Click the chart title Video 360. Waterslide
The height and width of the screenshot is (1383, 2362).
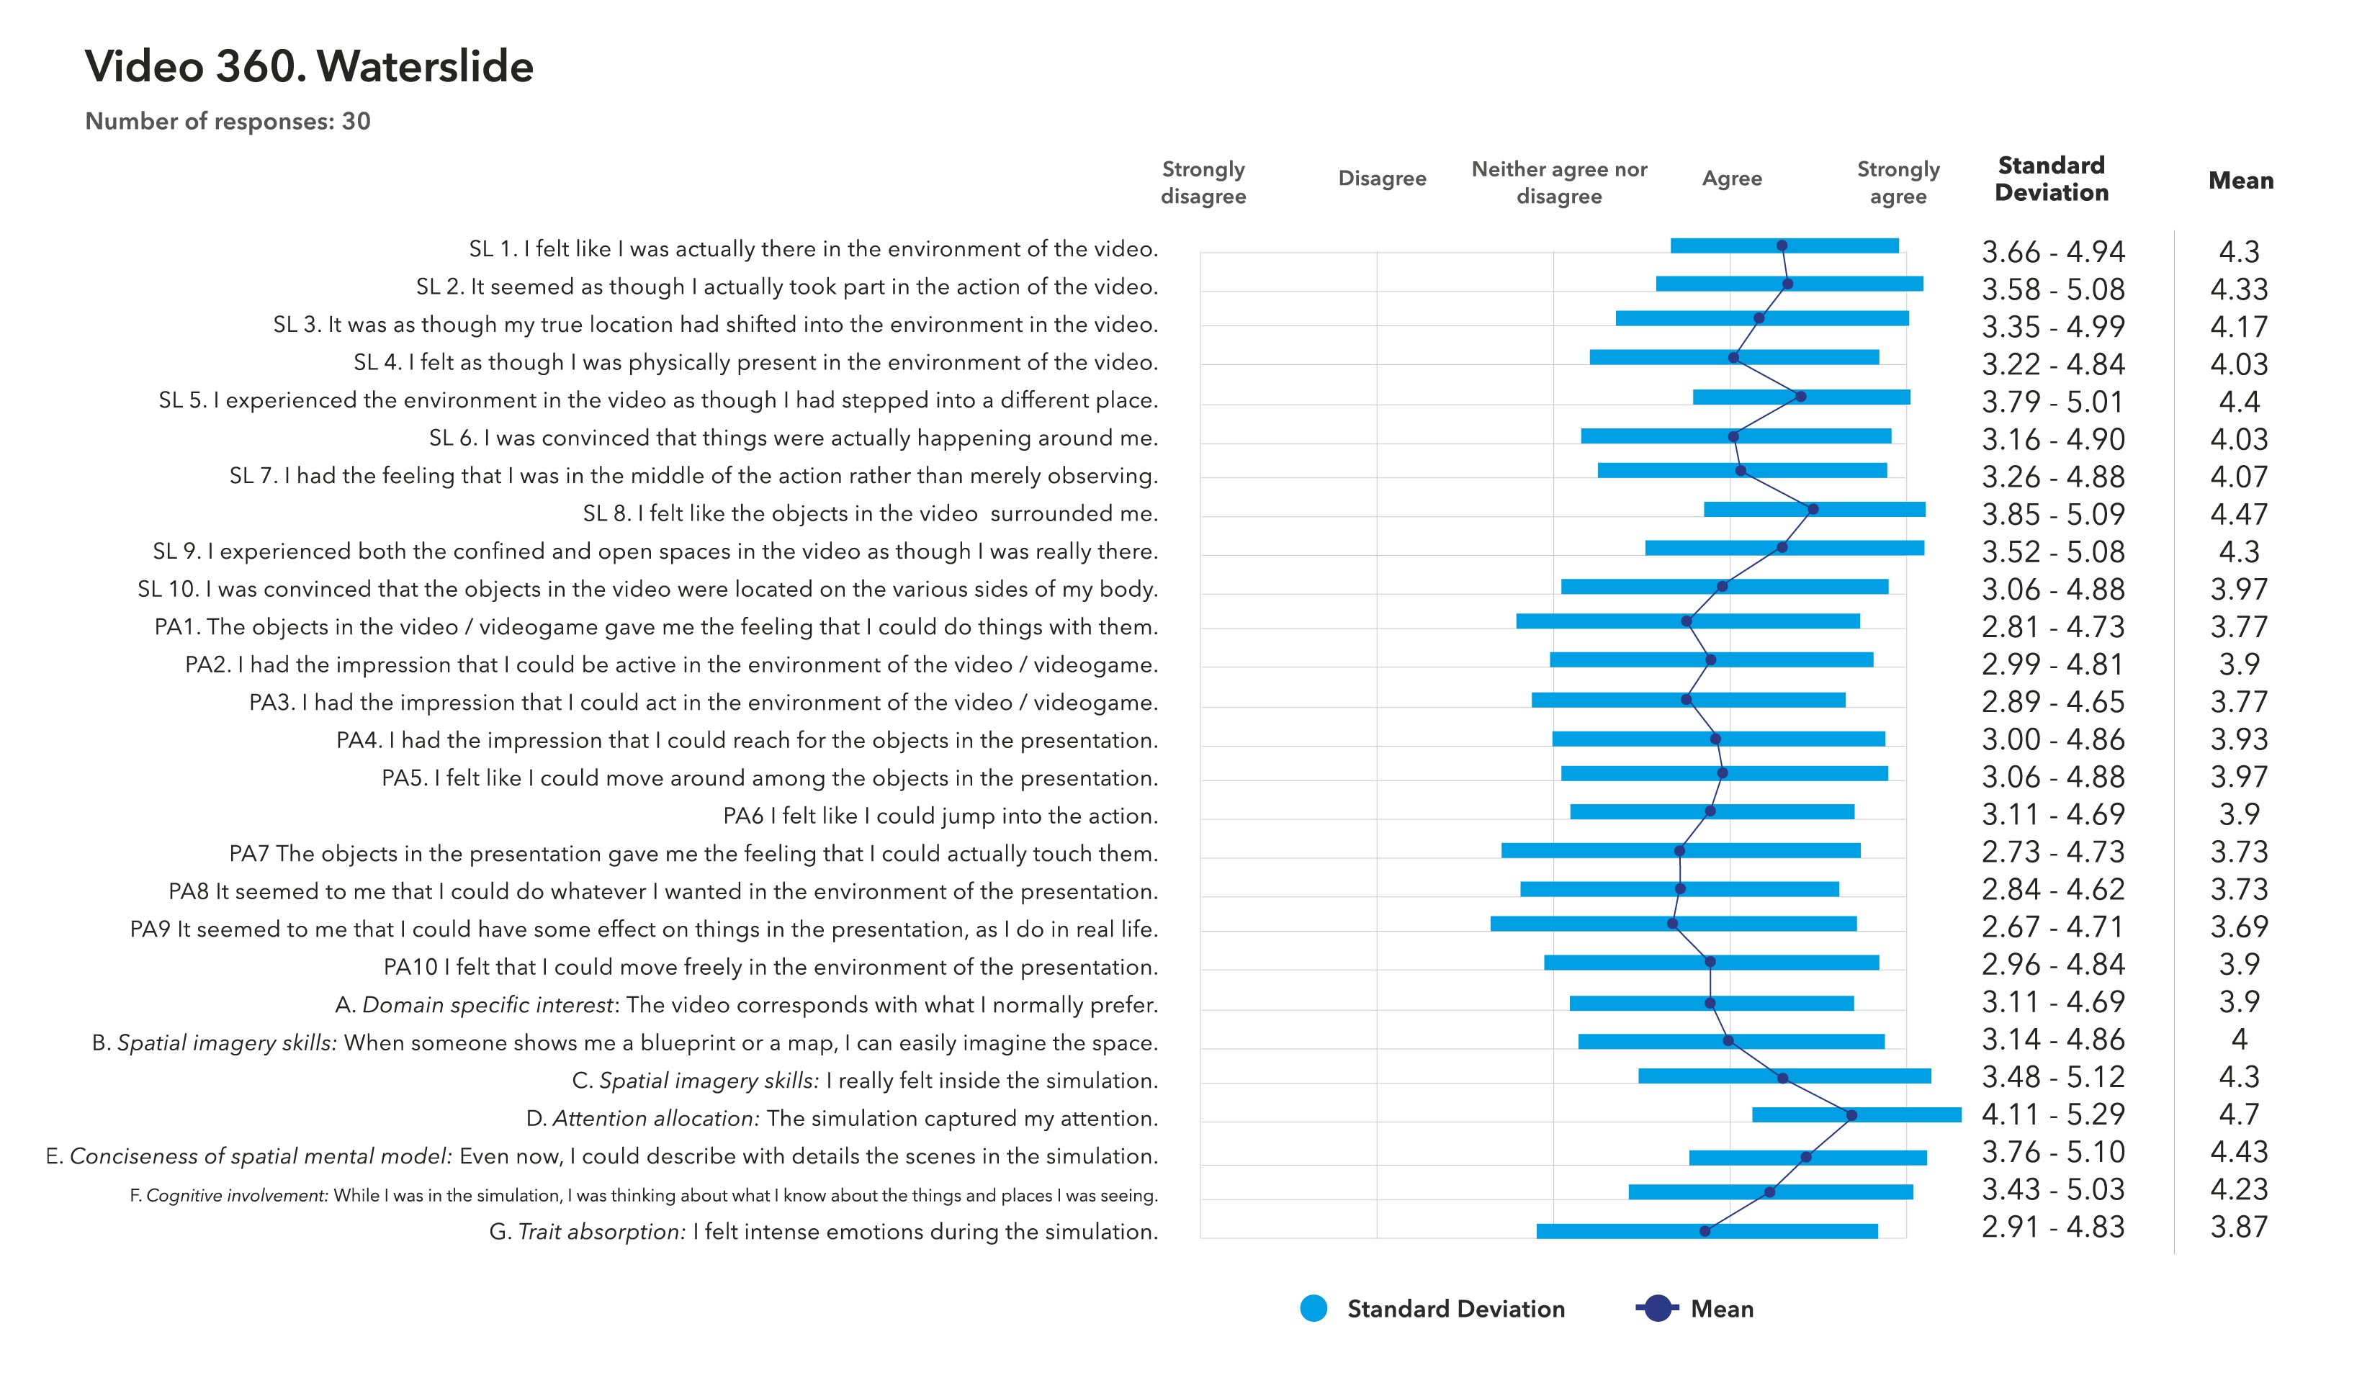click(310, 66)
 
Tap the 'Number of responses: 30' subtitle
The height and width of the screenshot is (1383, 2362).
click(228, 122)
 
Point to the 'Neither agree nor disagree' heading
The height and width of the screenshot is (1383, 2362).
click(1559, 183)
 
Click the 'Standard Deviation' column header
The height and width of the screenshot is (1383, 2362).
click(2051, 179)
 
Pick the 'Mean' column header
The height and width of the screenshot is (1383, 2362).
click(2240, 180)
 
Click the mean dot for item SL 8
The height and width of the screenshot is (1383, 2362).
click(1813, 510)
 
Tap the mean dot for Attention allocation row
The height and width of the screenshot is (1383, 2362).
click(1851, 1115)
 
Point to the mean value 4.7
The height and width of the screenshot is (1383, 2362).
click(2238, 1114)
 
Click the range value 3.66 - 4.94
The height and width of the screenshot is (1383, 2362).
click(2052, 252)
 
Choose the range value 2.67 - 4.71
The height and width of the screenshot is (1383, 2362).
click(2052, 927)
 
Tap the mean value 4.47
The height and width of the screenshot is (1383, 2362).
click(2238, 515)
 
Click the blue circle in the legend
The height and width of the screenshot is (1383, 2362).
click(1314, 1309)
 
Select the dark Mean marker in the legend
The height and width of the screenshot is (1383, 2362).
click(1657, 1309)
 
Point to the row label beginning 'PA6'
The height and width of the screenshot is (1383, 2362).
click(940, 816)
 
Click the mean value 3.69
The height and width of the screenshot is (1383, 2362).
click(2238, 927)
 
